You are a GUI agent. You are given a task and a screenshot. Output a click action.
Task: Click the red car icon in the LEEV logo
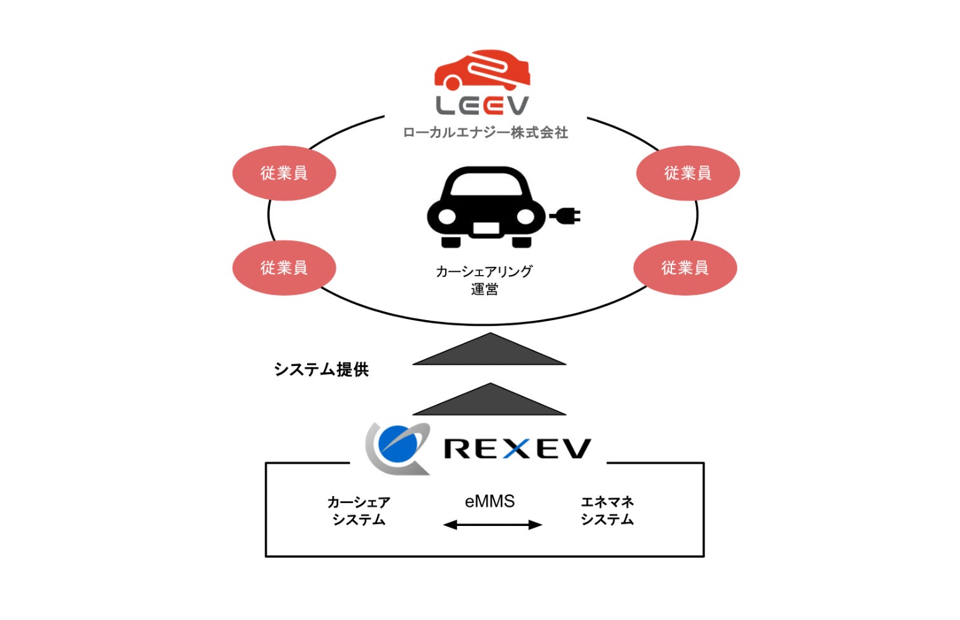coord(482,70)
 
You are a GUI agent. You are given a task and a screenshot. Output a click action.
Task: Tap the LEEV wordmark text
coord(482,105)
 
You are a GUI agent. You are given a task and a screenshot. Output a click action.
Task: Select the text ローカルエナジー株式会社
coord(485,133)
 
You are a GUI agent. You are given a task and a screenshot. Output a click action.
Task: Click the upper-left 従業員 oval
coord(284,173)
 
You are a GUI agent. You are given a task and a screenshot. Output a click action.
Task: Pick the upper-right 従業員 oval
coord(688,173)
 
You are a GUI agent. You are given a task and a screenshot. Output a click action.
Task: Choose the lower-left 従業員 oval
coord(284,267)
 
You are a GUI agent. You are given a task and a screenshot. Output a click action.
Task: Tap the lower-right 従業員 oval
coord(685,267)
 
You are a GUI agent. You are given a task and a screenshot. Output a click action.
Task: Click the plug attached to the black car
coord(566,217)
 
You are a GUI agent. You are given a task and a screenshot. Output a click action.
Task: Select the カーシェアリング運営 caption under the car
coord(484,280)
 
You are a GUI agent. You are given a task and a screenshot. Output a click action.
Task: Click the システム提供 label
coord(321,370)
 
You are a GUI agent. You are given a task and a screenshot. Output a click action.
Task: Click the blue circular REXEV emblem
coord(396,445)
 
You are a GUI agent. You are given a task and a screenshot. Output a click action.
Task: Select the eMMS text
coord(490,501)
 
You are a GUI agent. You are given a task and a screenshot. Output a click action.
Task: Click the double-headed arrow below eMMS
coord(492,525)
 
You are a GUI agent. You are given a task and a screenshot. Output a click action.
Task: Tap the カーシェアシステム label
coord(359,511)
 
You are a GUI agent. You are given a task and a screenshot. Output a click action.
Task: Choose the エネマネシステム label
coord(607,511)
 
